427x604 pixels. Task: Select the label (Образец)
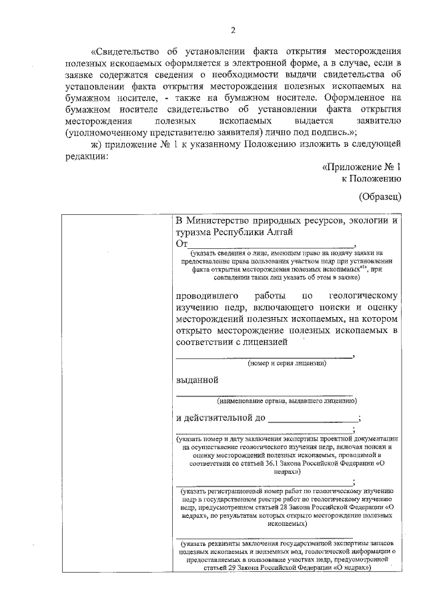point(379,196)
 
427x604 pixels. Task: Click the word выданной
point(197,380)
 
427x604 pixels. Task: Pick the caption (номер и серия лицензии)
point(286,364)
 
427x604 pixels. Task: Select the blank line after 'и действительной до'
point(312,418)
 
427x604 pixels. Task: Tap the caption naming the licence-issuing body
point(286,400)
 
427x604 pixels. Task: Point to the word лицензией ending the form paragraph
point(266,342)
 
